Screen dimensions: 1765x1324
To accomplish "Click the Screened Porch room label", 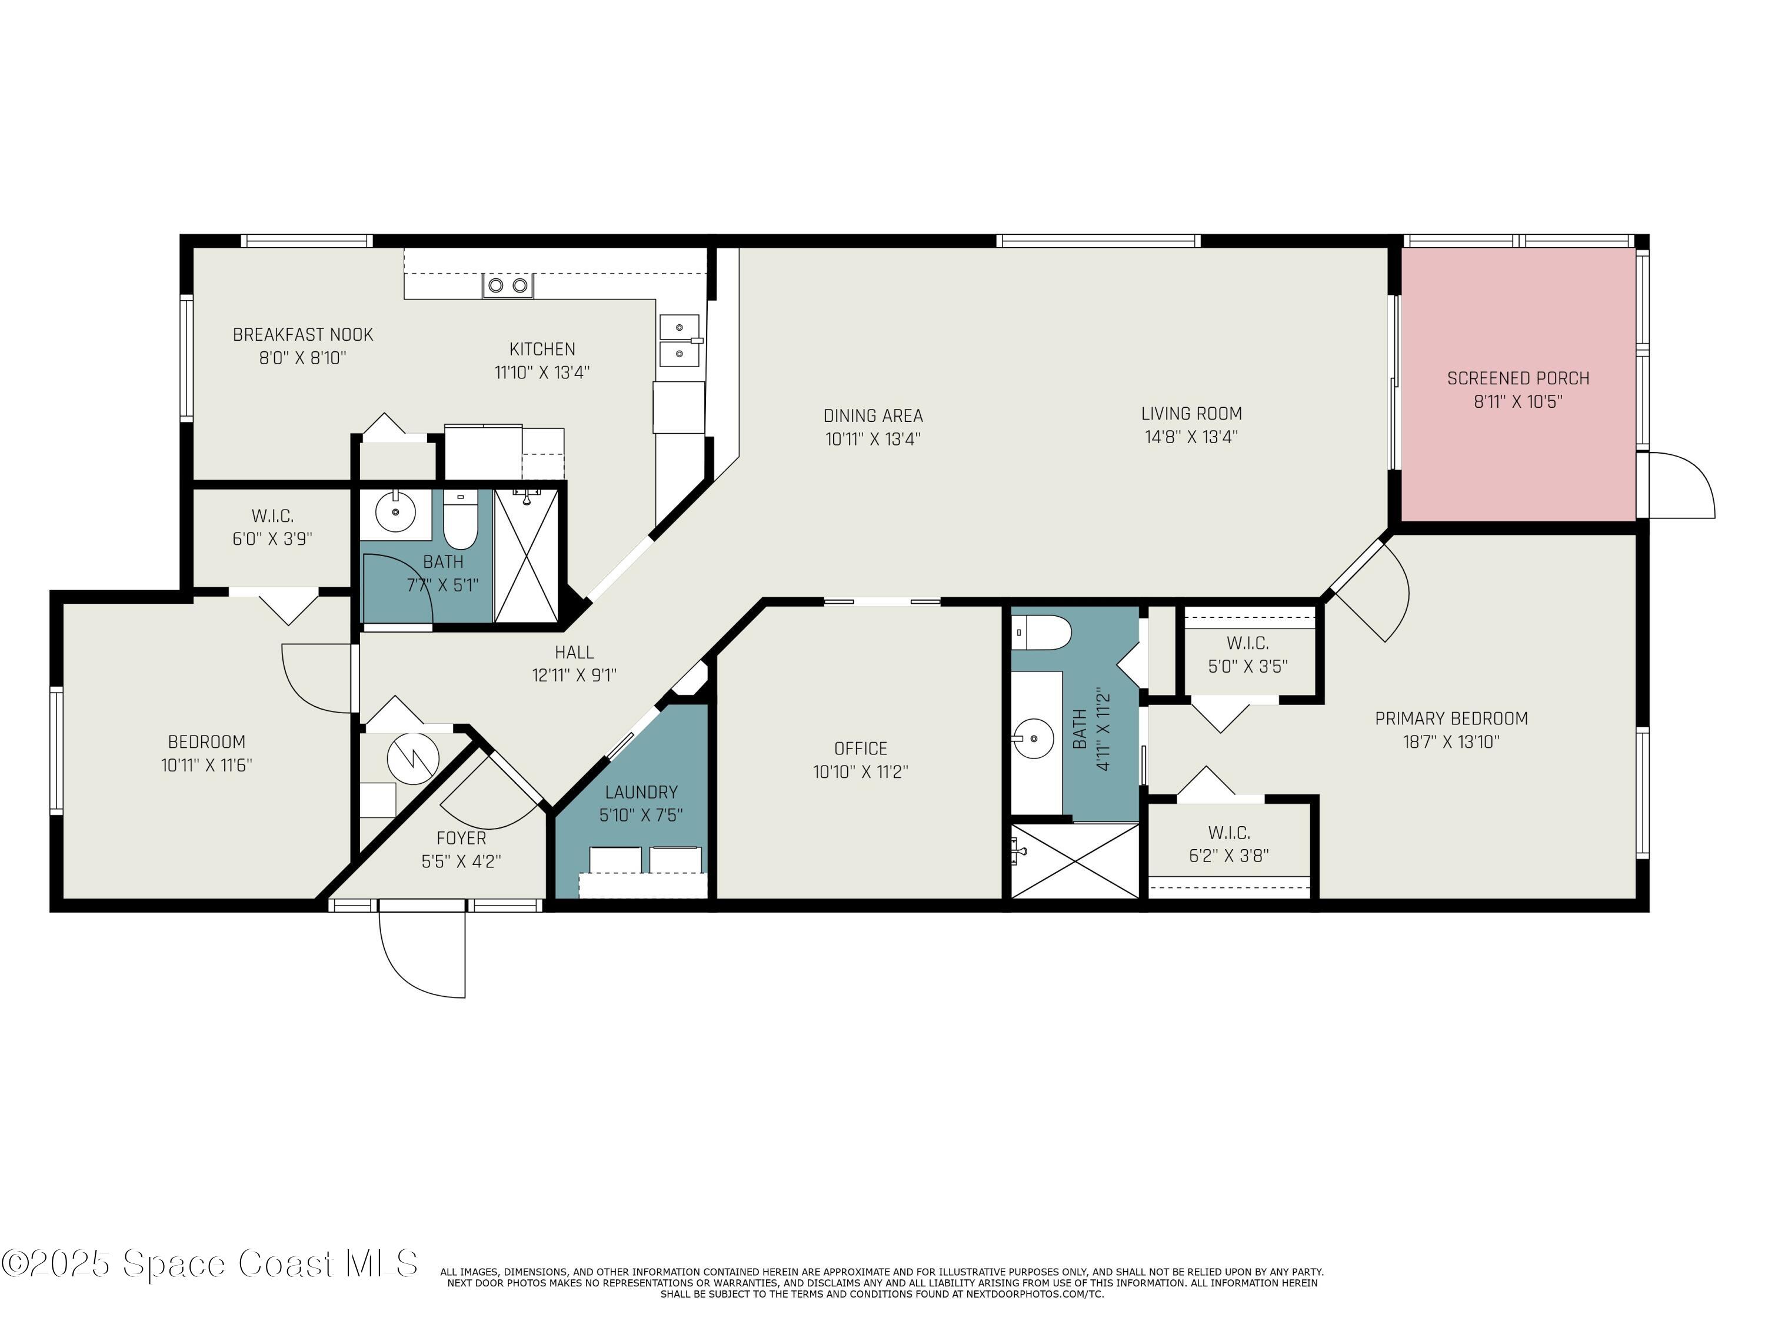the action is (x=1518, y=378).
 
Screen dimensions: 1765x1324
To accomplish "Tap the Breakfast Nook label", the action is (x=302, y=334).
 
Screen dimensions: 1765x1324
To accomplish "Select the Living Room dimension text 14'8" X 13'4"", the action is (x=1191, y=437).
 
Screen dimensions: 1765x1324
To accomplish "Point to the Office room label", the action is (x=860, y=749).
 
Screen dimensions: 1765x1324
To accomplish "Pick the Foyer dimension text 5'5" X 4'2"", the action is (x=461, y=861).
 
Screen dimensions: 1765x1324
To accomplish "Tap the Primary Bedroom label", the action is (x=1451, y=718).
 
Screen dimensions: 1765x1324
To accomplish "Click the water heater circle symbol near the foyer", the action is (x=412, y=758).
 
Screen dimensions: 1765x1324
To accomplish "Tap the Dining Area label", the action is (x=873, y=416).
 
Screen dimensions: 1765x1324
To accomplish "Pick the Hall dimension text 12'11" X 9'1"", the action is (x=574, y=675).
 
